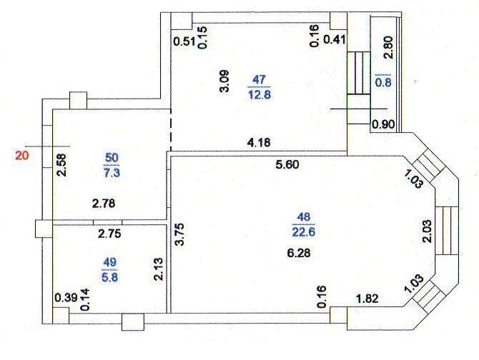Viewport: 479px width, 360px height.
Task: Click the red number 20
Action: (22, 155)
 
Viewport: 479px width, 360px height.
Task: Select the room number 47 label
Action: (259, 79)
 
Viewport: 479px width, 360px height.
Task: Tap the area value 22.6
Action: (304, 232)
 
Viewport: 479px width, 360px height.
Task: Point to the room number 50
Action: (112, 158)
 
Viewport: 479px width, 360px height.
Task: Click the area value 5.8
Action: (109, 278)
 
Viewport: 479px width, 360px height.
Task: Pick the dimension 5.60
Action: (287, 165)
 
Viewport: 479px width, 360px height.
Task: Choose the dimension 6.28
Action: (299, 253)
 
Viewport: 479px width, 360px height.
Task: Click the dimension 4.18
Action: (259, 142)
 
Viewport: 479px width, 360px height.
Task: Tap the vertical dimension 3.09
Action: (224, 81)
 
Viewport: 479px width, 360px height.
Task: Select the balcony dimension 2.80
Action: (388, 47)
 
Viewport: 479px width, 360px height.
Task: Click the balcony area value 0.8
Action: (383, 82)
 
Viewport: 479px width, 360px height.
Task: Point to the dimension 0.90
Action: (383, 124)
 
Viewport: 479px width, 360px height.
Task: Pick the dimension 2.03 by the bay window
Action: (428, 231)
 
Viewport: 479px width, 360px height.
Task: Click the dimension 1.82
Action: (367, 299)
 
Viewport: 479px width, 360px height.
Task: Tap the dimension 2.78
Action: (104, 204)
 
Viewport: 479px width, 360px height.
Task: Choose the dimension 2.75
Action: (109, 234)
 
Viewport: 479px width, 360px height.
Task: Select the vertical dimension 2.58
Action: (61, 165)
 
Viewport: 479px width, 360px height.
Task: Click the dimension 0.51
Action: (184, 41)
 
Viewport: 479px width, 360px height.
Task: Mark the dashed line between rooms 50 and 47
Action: (170, 130)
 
